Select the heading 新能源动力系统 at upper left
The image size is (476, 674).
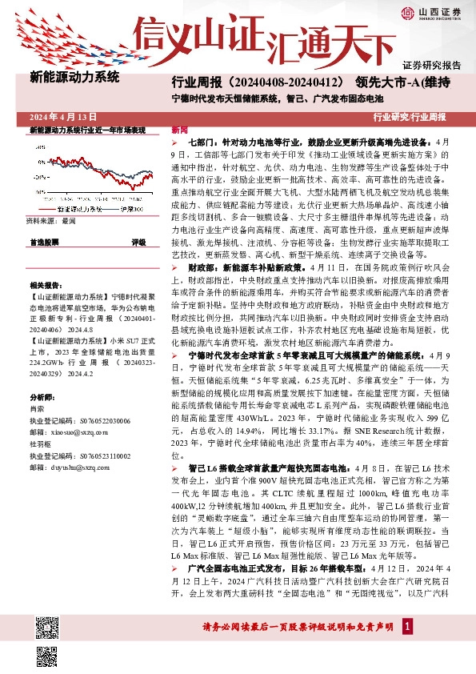pos(74,78)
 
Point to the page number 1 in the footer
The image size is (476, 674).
pos(408,625)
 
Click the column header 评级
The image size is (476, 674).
pos(138,241)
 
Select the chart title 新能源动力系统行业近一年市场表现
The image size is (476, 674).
pos(87,130)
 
